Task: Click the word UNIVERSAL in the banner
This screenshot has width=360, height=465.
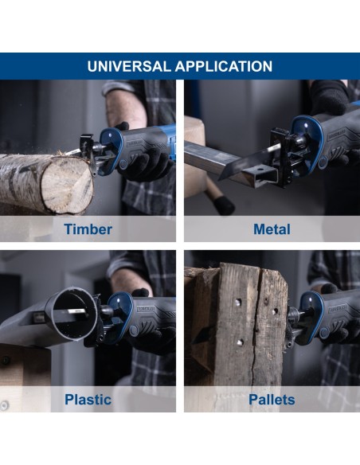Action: point(128,66)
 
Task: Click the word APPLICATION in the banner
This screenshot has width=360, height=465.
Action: point(224,66)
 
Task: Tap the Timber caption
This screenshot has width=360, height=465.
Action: point(88,229)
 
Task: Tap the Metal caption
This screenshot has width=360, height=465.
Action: point(272,229)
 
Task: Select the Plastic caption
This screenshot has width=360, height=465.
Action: point(88,400)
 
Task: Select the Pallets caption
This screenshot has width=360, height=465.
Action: point(272,400)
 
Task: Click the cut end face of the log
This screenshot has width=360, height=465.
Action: point(68,186)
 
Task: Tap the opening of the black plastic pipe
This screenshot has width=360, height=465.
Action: point(73,313)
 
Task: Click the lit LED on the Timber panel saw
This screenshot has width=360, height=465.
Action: point(111,135)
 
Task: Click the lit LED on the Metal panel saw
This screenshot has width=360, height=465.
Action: point(305,126)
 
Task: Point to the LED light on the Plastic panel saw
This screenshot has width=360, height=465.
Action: point(118,300)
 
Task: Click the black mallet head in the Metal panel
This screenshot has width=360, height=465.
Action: point(224,205)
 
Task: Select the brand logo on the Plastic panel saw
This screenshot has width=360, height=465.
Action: point(146,309)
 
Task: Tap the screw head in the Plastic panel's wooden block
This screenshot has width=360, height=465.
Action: point(5,360)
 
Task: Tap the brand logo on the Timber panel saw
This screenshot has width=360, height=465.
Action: point(135,143)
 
